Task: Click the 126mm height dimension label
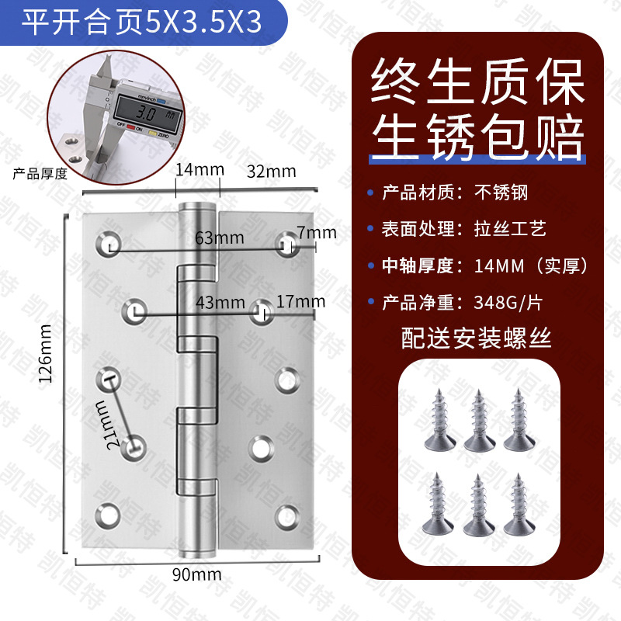pos(45,353)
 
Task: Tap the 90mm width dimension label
pos(197,574)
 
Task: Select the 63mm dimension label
pos(220,238)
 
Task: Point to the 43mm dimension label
pos(220,303)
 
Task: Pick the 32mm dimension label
pos(271,172)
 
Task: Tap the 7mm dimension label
pos(317,232)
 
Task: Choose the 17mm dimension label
pos(301,302)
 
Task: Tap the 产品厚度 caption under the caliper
pos(40,173)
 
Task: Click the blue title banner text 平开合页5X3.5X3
pos(141,22)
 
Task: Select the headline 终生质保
pos(477,82)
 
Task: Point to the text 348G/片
pos(508,303)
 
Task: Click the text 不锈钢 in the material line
pos(501,193)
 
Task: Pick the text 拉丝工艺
pos(510,229)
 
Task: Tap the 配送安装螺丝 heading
pos(476,338)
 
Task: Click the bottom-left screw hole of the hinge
pos(108,516)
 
